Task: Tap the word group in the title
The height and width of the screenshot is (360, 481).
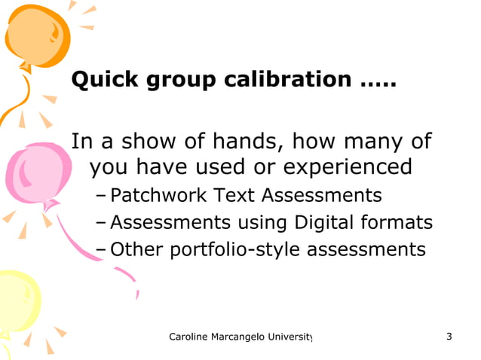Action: pyautogui.click(x=179, y=81)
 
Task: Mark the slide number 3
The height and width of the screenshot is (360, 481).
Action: pyautogui.click(x=449, y=336)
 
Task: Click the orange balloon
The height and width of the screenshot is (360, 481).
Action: pyautogui.click(x=35, y=30)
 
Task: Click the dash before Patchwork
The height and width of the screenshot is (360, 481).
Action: pyautogui.click(x=102, y=197)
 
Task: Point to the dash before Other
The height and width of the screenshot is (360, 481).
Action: pyautogui.click(x=102, y=250)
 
